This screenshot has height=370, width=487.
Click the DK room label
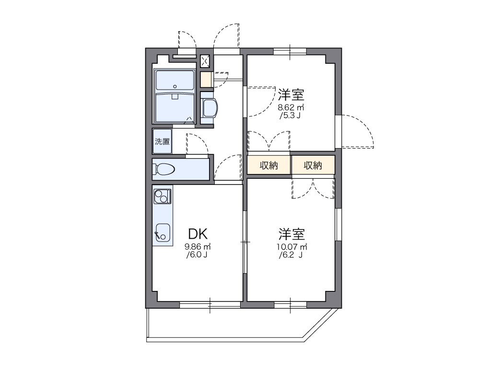(197, 234)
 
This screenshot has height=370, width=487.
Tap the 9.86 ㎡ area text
(198, 247)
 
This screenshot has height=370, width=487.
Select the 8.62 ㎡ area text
(291, 107)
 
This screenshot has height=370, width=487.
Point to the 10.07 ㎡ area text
(291, 247)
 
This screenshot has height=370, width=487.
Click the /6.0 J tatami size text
(197, 254)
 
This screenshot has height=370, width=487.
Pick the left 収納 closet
(269, 166)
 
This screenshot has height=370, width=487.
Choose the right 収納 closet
(313, 166)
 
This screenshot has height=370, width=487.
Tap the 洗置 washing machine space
(162, 141)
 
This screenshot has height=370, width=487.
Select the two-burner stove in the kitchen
(162, 196)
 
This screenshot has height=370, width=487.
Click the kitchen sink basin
(162, 232)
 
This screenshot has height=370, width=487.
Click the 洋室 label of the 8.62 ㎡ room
(291, 94)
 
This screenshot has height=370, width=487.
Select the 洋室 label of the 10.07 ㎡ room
(291, 234)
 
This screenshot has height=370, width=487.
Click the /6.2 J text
(290, 255)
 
